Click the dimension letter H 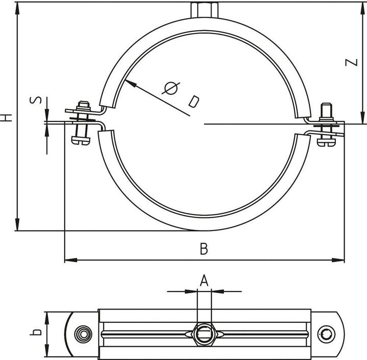(x=6, y=117)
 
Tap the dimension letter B (x=204, y=249)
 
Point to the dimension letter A (x=204, y=280)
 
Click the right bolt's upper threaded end (x=325, y=110)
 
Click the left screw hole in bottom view (x=82, y=335)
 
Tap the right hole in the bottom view (x=326, y=335)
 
